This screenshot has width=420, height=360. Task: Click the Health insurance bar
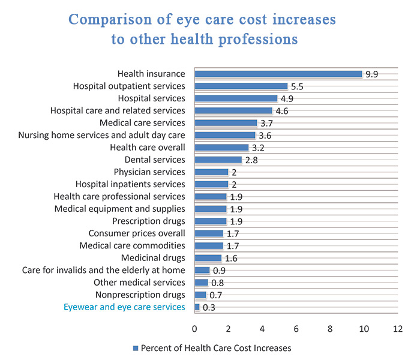click(278, 74)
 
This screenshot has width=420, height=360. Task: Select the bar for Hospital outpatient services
click(241, 86)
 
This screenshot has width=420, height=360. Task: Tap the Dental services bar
click(218, 160)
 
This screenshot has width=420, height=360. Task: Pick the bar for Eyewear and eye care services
click(197, 307)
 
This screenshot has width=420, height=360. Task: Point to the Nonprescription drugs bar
click(200, 295)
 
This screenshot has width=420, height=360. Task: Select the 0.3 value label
click(209, 308)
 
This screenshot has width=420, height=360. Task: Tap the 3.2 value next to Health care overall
click(258, 148)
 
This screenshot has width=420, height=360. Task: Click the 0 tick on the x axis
click(194, 329)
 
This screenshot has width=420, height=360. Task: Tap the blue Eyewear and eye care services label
click(124, 307)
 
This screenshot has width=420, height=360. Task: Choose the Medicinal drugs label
click(152, 258)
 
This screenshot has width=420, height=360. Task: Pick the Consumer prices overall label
click(137, 233)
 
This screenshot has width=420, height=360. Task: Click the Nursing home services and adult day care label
click(102, 135)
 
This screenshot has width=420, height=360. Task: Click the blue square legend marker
click(135, 348)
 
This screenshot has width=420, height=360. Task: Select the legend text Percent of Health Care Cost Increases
click(216, 348)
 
